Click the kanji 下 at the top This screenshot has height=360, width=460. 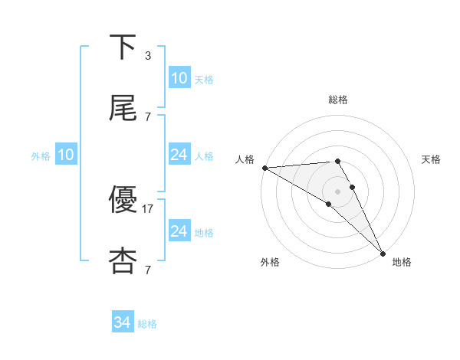[123, 47]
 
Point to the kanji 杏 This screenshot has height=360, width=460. [123, 260]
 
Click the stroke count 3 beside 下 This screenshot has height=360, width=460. [148, 56]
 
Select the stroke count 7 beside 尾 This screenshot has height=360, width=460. [148, 116]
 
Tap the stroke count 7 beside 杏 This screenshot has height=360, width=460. [148, 270]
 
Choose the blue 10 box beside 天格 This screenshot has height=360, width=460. [179, 78]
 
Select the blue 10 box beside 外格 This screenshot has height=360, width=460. [66, 155]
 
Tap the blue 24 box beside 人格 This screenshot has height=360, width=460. [179, 155]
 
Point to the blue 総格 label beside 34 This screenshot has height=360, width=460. [147, 324]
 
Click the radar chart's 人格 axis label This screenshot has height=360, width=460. [245, 159]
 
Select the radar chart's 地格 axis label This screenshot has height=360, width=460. [402, 262]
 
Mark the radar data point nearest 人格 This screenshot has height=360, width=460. [264, 168]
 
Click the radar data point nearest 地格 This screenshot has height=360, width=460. [383, 253]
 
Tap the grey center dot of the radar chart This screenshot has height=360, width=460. [338, 191]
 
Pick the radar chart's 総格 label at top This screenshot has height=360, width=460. [338, 99]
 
